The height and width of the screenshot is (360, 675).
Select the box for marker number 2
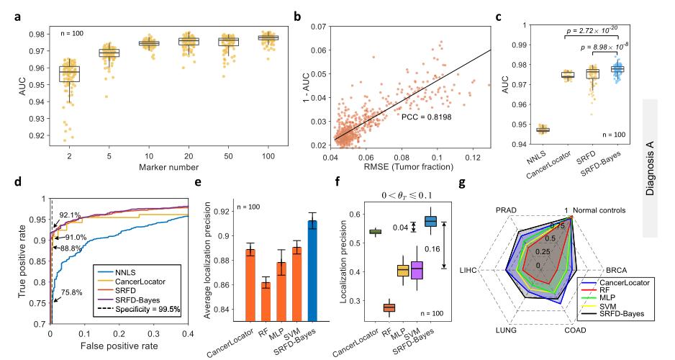[70, 73]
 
